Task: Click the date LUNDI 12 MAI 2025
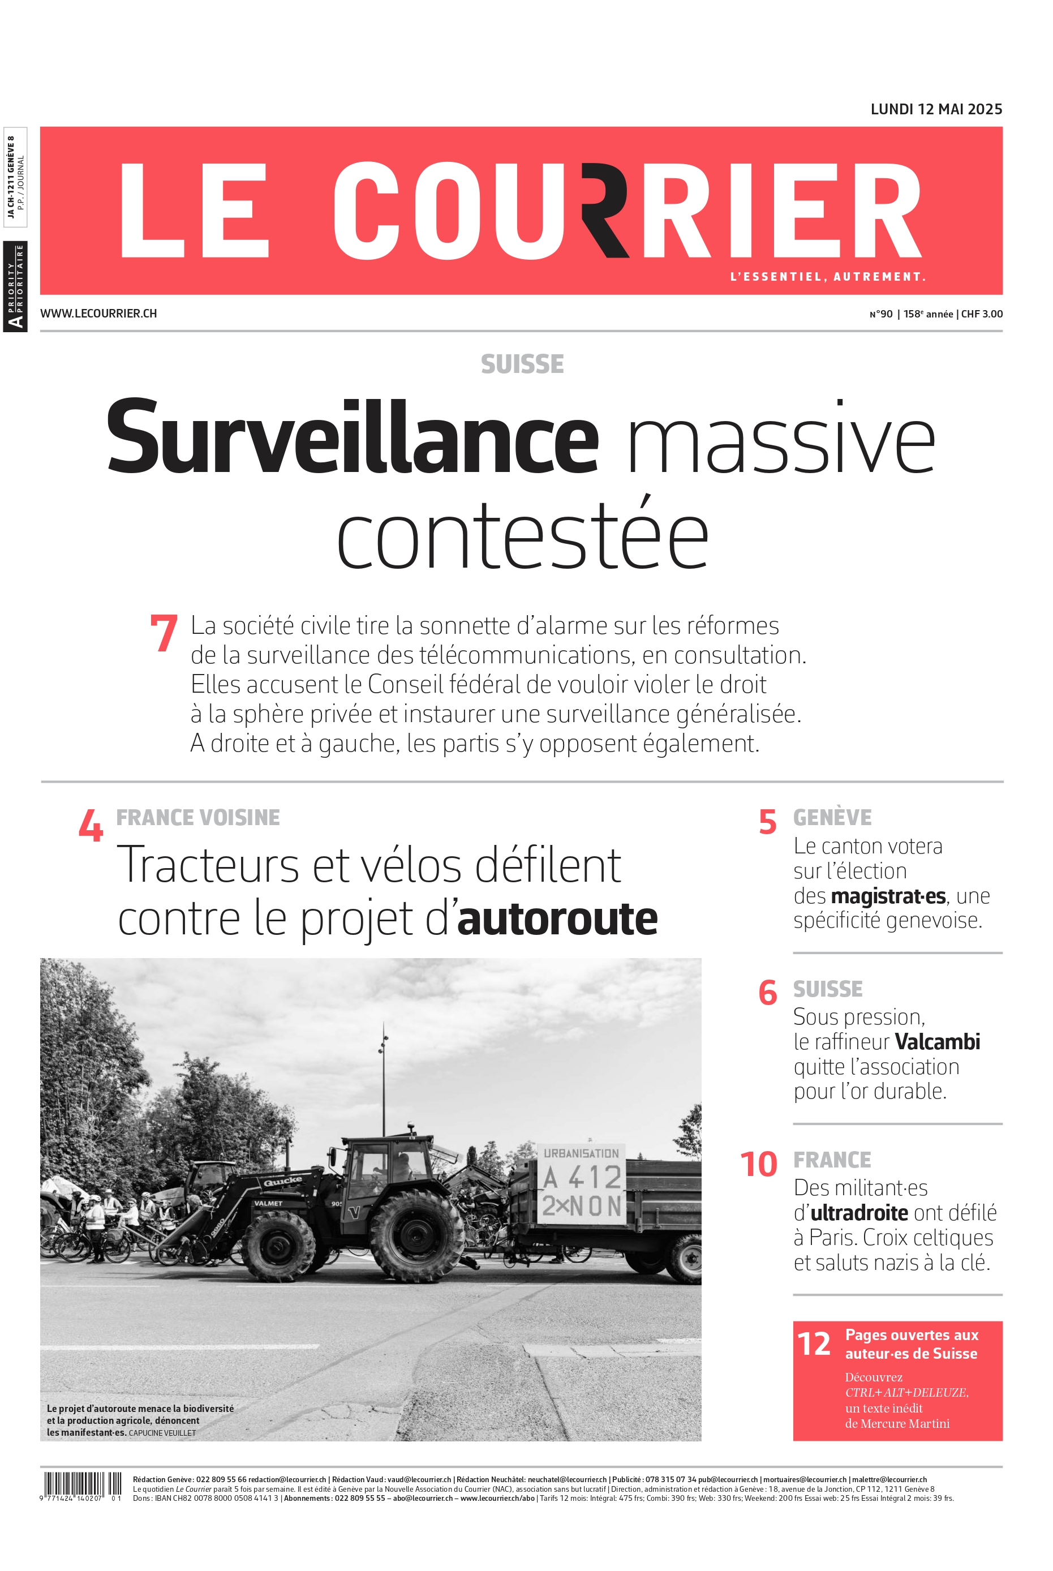point(935,109)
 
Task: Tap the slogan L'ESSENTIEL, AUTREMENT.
point(827,277)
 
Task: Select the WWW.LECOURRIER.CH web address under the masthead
point(98,313)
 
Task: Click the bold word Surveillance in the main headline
point(352,437)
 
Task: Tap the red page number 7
point(163,633)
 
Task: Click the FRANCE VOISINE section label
point(198,817)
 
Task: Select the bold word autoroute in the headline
point(557,919)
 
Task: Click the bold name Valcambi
point(938,1042)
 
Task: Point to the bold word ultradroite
point(859,1213)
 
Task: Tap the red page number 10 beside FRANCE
point(758,1165)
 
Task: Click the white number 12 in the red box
point(813,1344)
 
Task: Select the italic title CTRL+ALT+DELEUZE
point(906,1392)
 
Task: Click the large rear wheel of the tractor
point(418,1234)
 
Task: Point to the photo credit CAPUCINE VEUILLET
point(162,1433)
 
